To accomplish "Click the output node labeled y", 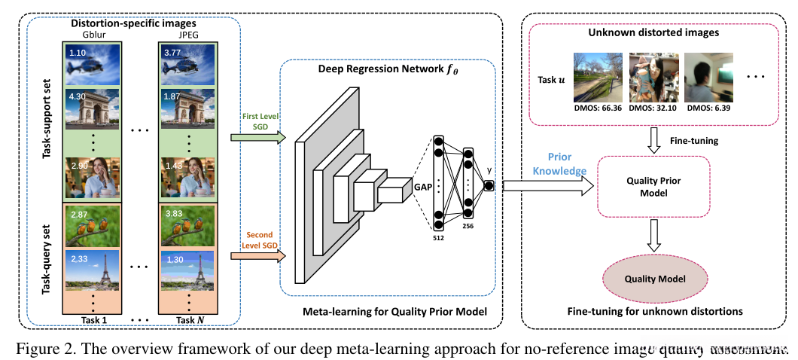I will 489,186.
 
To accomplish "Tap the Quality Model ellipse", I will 655,279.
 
